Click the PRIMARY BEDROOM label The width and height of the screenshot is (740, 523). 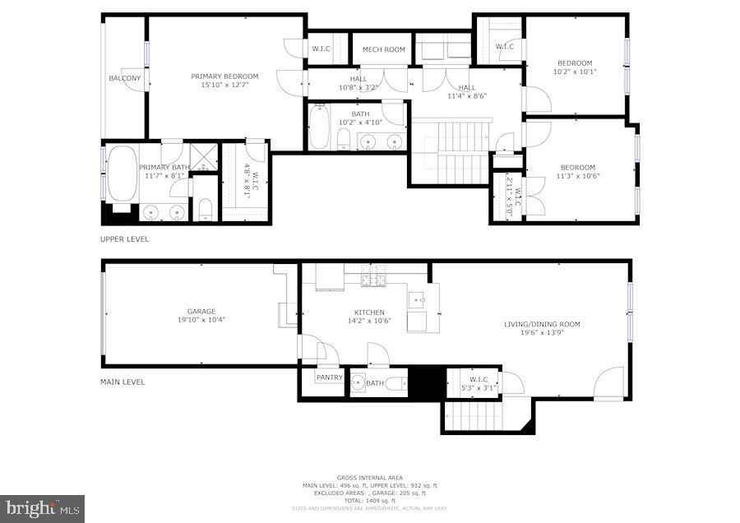(x=224, y=76)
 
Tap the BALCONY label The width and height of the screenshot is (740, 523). (x=125, y=78)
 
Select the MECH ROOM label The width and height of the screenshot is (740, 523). (x=384, y=49)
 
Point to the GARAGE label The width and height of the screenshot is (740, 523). (x=201, y=312)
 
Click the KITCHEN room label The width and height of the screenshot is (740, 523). (x=369, y=312)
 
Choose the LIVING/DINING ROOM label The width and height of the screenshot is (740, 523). (x=542, y=324)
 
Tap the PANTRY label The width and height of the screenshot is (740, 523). (x=329, y=377)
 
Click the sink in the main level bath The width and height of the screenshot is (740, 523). (x=358, y=382)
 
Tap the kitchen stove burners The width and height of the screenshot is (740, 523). (x=375, y=277)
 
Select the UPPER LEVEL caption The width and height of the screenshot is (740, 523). (x=125, y=239)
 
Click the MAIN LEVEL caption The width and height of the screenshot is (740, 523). (x=123, y=382)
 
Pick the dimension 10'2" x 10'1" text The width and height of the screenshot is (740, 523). (x=575, y=72)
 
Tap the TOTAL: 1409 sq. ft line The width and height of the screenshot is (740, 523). (x=370, y=501)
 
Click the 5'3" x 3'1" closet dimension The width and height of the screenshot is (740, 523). (x=479, y=387)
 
